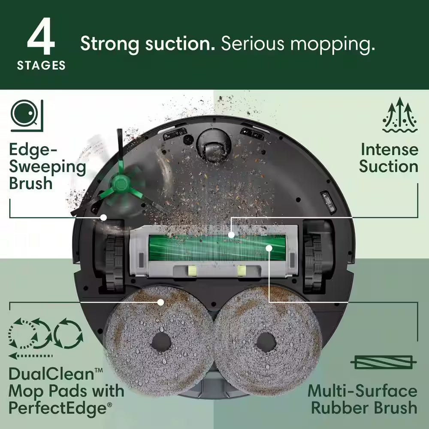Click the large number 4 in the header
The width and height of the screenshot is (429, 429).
point(41,39)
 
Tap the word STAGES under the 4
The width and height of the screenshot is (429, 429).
point(41,66)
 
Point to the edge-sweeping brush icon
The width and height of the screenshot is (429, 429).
point(27,115)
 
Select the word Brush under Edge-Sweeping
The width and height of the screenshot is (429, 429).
point(31,183)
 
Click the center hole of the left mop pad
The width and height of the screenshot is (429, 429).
point(161,342)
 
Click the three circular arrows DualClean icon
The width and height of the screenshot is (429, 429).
point(45,334)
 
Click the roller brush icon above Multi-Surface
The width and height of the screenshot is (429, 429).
point(383,363)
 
